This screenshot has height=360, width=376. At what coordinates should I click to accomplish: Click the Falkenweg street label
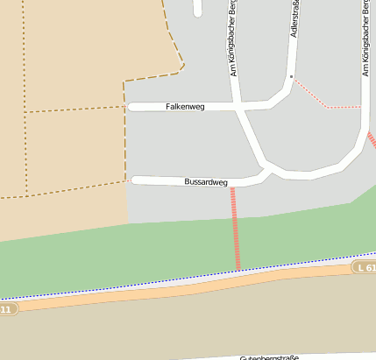pyautogui.click(x=185, y=107)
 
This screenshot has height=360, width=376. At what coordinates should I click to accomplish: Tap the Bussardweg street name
pyautogui.click(x=206, y=182)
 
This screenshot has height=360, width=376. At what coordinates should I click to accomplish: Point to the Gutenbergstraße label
pyautogui.click(x=270, y=356)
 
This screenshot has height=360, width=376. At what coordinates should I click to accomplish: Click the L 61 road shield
pyautogui.click(x=365, y=265)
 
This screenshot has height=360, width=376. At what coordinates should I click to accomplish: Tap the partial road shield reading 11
pyautogui.click(x=7, y=309)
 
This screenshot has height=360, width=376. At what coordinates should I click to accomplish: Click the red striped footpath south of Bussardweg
pyautogui.click(x=235, y=228)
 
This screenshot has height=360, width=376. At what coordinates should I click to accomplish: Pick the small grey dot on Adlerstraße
pyautogui.click(x=291, y=76)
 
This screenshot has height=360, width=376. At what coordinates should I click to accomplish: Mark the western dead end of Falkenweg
pyautogui.click(x=131, y=107)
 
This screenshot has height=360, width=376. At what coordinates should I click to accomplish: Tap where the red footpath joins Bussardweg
pyautogui.click(x=233, y=187)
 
